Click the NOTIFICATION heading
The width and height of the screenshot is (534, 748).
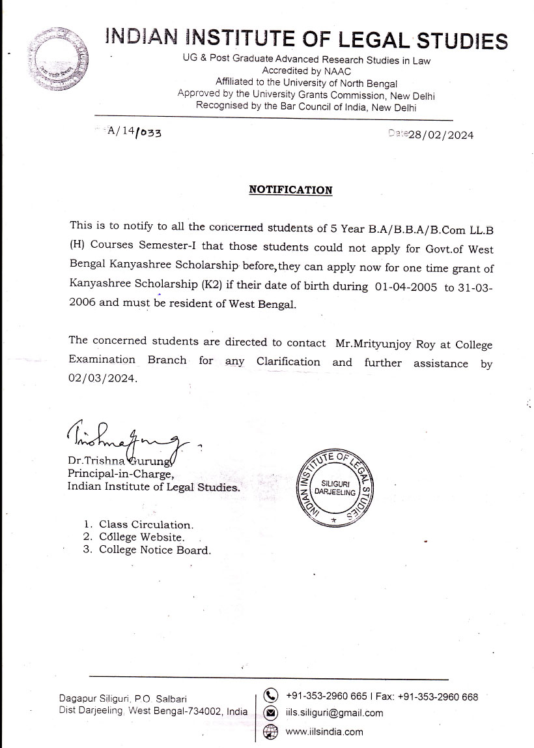290,190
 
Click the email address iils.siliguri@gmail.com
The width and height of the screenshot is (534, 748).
334,713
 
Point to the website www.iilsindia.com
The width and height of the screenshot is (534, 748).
324,732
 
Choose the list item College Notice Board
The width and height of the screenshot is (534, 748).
155,550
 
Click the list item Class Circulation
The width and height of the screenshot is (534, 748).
146,525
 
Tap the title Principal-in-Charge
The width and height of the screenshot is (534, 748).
120,474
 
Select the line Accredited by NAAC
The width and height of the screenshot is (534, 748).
306,71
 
